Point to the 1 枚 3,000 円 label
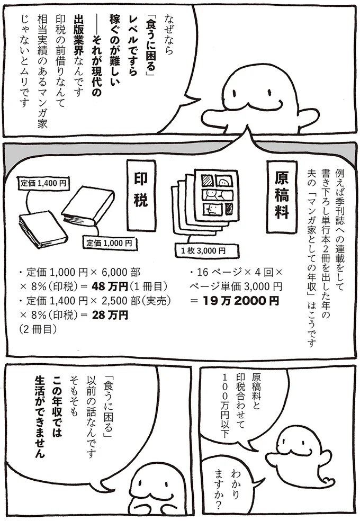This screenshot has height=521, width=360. pos(203,250)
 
